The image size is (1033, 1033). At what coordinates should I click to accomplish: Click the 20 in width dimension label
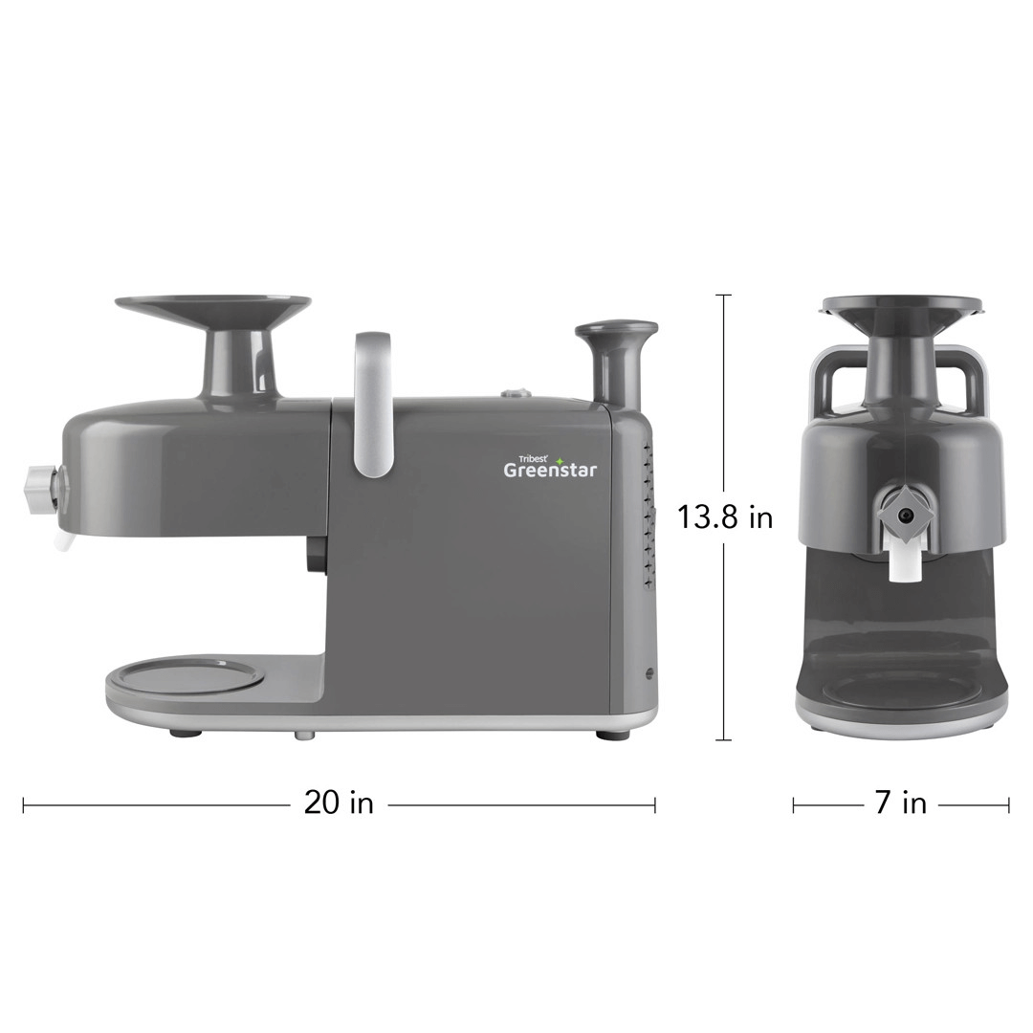click(x=338, y=803)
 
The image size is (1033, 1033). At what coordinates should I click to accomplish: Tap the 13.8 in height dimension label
click(x=725, y=517)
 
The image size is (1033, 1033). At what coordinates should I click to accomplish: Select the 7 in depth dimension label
click(x=901, y=803)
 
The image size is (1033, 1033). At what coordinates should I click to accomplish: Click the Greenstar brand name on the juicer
click(x=550, y=470)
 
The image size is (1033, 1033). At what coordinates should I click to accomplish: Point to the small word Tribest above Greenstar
click(x=528, y=459)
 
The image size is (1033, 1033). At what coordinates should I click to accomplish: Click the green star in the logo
click(x=560, y=461)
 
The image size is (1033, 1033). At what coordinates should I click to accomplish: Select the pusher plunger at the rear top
click(x=616, y=363)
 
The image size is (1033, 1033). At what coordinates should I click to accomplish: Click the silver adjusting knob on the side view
click(x=41, y=490)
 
